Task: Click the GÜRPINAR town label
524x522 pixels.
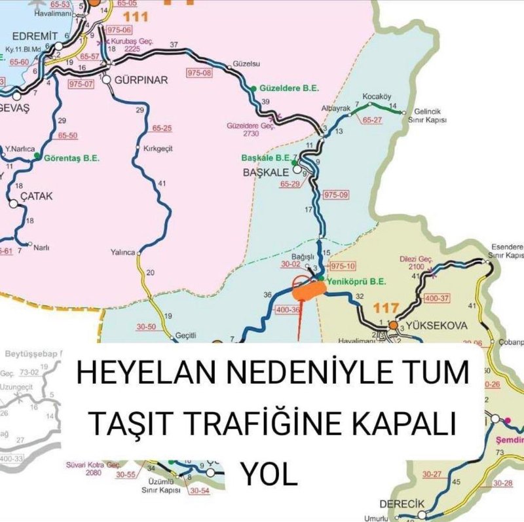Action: coord(142,80)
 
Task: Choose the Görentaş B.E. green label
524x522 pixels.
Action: coord(71,158)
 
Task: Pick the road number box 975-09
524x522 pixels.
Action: coord(336,195)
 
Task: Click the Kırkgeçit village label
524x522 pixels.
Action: coord(157,149)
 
